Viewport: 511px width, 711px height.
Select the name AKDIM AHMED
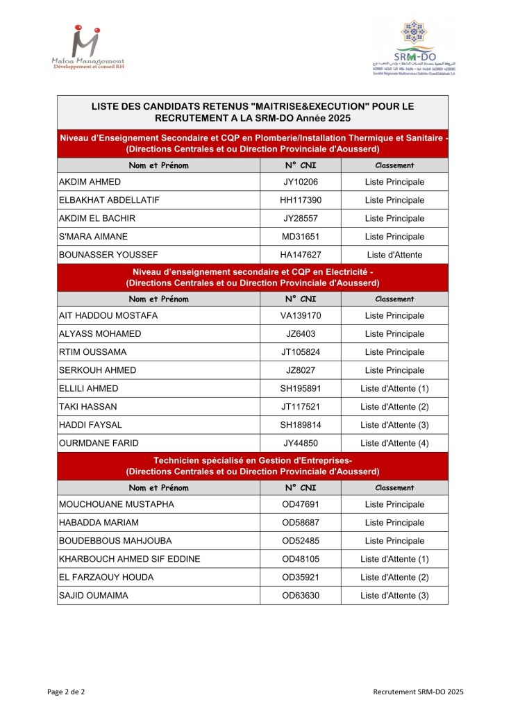coord(90,182)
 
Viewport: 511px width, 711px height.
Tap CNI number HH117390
coord(301,200)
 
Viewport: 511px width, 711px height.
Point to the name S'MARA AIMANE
coord(94,237)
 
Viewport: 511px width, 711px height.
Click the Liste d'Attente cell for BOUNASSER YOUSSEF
coord(394,255)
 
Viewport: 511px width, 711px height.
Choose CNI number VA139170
coord(301,316)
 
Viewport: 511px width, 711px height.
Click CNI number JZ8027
coord(301,370)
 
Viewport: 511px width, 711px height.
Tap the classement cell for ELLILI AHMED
coord(394,388)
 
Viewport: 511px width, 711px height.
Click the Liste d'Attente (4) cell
coord(394,443)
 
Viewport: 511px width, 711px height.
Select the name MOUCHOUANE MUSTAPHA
coord(117,504)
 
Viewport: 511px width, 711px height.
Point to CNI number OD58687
coord(301,522)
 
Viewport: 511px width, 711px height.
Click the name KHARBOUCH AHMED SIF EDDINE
coord(130,559)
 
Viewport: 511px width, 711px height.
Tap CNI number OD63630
coord(301,595)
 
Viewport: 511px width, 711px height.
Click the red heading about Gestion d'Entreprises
coord(253,467)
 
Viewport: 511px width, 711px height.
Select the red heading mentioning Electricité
coord(253,278)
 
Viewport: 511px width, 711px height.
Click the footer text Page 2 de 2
coord(66,692)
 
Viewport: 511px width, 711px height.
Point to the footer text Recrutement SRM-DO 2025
coord(418,692)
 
